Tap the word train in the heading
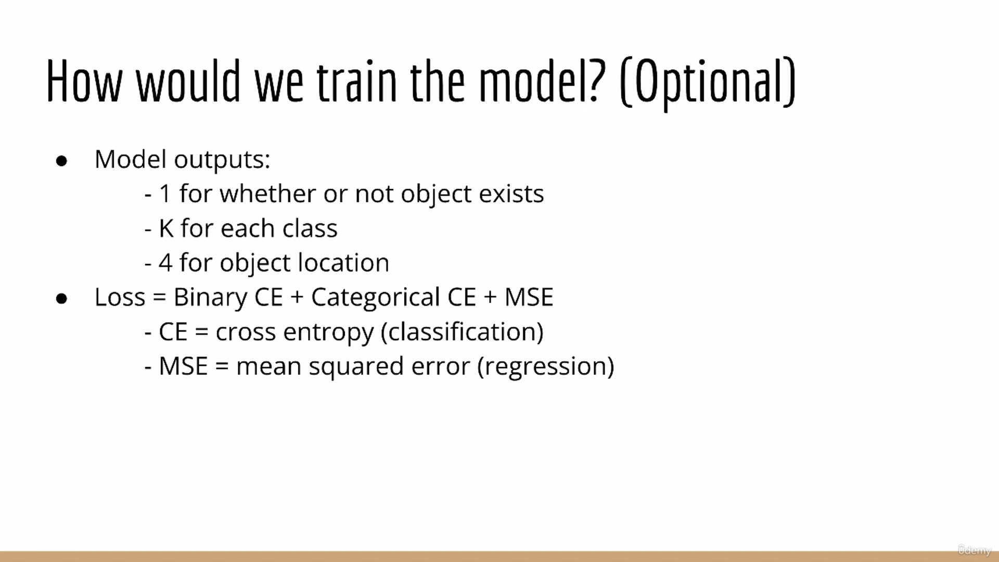(357, 81)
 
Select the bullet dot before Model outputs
(61, 161)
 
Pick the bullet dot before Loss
(61, 299)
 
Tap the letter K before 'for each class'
(166, 228)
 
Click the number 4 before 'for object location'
(165, 263)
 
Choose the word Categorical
(375, 298)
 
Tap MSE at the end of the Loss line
(529, 297)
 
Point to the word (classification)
(462, 332)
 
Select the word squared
(356, 367)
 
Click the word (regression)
(545, 367)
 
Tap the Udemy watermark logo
(975, 550)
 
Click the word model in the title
(533, 81)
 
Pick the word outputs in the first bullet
(222, 160)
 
